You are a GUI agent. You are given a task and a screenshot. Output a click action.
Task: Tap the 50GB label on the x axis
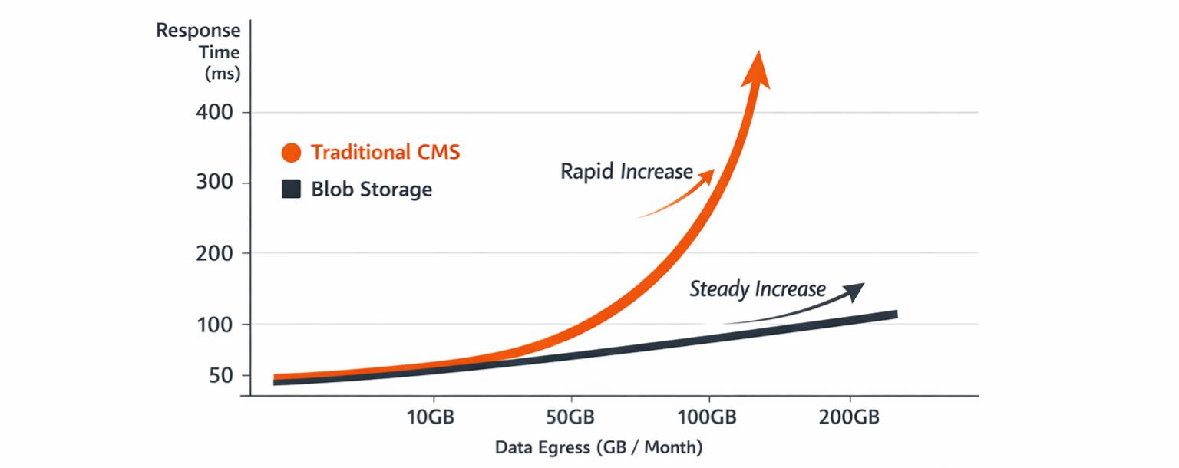(570, 417)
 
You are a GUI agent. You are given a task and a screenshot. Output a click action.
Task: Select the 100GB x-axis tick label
(708, 417)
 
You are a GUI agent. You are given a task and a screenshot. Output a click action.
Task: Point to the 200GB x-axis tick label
(849, 417)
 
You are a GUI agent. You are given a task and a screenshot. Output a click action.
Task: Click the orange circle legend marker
(291, 153)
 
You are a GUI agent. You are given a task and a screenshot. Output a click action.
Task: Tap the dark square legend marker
(291, 189)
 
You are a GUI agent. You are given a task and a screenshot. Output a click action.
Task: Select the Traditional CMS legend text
(385, 152)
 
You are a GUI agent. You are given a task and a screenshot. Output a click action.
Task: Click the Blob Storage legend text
(372, 190)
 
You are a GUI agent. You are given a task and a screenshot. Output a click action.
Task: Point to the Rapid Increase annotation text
(626, 171)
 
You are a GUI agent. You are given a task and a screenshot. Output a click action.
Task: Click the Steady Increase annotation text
(758, 289)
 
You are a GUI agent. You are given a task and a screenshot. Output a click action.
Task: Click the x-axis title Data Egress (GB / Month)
(599, 447)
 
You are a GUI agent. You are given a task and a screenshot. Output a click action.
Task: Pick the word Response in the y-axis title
(198, 31)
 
